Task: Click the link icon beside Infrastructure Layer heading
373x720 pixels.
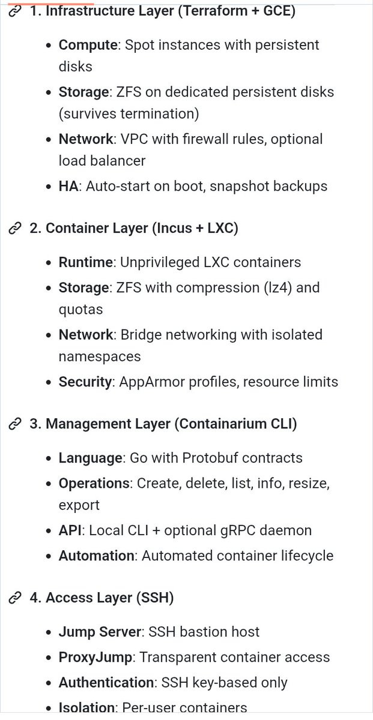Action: (15, 11)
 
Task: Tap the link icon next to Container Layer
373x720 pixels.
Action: (15, 228)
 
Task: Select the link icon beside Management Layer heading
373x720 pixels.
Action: (15, 424)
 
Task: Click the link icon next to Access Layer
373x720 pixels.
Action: (15, 598)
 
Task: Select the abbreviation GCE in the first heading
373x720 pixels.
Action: (276, 11)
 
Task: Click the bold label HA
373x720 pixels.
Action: (68, 186)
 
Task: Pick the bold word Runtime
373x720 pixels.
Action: (86, 262)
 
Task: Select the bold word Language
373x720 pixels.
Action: (91, 458)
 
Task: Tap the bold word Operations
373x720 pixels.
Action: (94, 484)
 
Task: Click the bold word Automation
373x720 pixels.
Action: (96, 556)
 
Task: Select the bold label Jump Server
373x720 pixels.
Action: (100, 632)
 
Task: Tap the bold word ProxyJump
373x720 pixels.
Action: (96, 658)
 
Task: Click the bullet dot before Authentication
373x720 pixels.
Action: (49, 683)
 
